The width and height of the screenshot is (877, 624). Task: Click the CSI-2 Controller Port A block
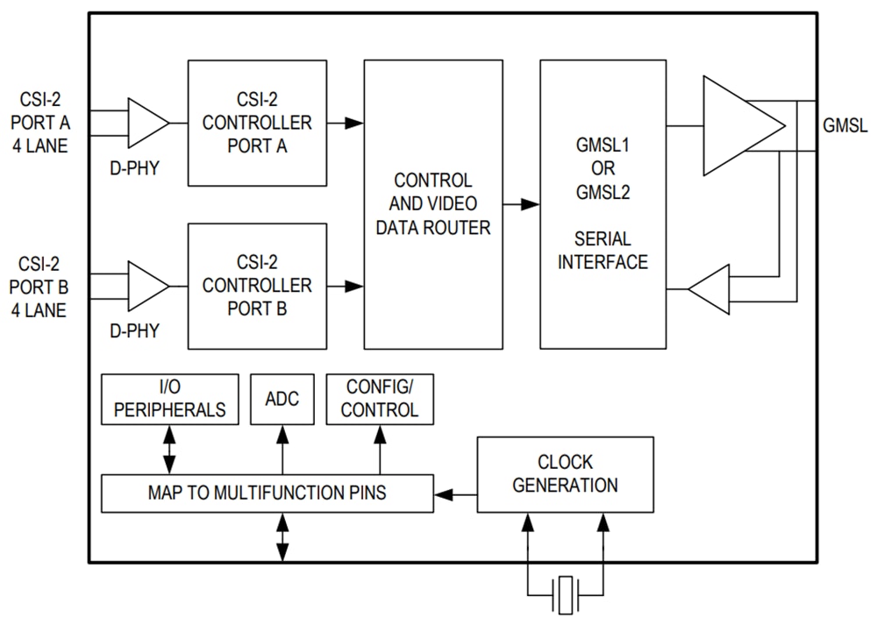[257, 123]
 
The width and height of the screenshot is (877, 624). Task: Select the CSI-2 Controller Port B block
[257, 286]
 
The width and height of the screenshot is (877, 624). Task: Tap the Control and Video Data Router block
[433, 204]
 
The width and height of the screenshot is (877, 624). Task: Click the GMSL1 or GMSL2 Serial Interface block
[602, 204]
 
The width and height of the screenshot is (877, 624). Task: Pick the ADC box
[282, 400]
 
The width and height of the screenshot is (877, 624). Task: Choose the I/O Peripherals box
[170, 400]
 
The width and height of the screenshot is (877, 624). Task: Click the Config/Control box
[380, 400]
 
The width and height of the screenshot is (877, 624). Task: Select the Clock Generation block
[565, 474]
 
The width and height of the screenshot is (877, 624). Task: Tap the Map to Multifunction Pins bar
[267, 493]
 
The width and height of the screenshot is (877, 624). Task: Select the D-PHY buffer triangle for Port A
[146, 123]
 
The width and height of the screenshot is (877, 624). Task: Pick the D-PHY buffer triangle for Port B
[146, 286]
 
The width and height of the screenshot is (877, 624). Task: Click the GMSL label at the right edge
[845, 125]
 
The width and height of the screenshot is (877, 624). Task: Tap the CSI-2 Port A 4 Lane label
[39, 123]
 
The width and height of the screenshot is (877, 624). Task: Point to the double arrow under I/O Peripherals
[170, 450]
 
